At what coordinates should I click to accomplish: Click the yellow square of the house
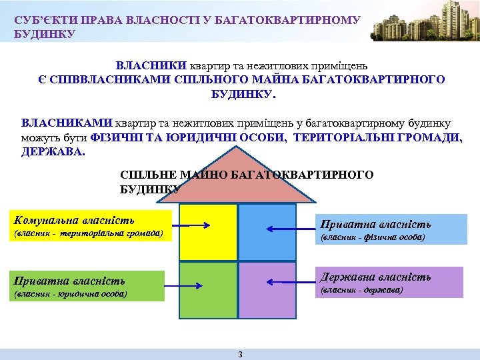(x=209, y=232)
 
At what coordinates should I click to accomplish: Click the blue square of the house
(x=267, y=232)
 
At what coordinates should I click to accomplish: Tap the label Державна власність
(x=375, y=277)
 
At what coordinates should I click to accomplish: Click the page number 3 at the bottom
(x=240, y=354)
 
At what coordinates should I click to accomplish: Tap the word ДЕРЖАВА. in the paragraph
(x=53, y=151)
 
